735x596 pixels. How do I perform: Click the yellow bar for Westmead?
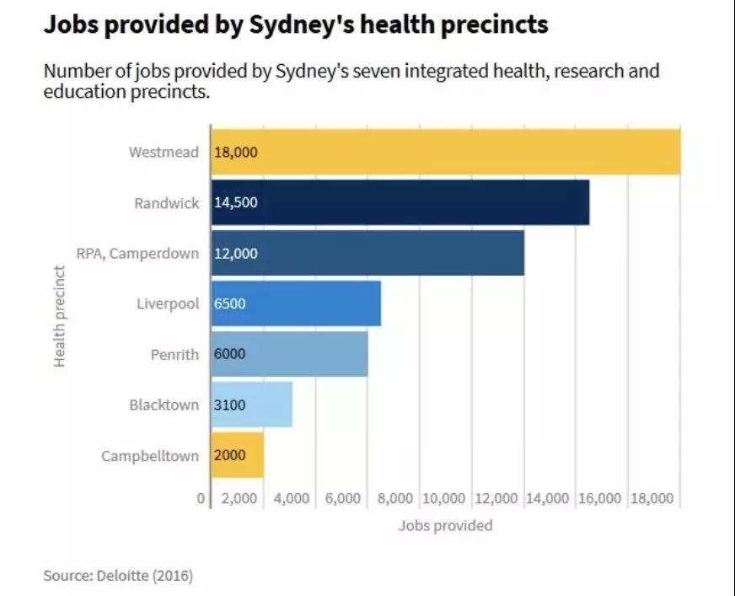445,152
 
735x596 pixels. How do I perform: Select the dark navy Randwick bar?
400,202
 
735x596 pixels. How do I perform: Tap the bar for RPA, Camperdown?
367,253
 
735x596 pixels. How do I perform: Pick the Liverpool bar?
296,303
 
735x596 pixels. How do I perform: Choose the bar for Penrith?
289,354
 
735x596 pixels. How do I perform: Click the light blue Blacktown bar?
251,405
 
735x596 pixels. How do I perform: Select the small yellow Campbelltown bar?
237,455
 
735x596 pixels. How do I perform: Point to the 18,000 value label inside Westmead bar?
235,153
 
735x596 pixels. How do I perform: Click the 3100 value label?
229,405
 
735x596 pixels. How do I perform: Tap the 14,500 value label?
235,203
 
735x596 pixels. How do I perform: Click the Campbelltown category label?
150,456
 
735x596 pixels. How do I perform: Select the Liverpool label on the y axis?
168,303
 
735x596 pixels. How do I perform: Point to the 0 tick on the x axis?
201,498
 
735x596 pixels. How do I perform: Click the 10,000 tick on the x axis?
444,498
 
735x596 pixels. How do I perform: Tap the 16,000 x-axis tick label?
599,498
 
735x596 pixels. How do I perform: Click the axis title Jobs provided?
445,525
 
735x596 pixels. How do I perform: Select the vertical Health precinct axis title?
60,316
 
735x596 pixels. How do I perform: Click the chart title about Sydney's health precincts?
295,24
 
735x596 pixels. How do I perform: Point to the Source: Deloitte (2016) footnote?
118,577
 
